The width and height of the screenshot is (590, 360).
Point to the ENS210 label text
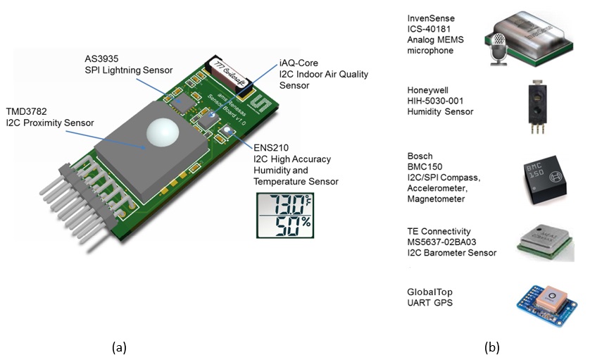click(271, 148)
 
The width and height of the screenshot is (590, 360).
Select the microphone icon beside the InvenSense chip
click(498, 49)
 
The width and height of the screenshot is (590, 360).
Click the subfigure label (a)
click(119, 347)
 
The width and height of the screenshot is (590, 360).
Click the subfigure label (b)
click(491, 347)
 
